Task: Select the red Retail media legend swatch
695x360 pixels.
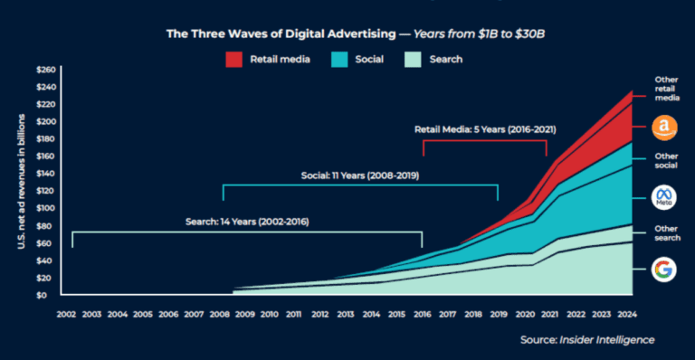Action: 233,59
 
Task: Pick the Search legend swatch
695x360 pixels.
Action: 423,59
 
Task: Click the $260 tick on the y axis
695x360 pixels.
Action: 44,70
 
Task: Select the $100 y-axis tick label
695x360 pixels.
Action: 44,208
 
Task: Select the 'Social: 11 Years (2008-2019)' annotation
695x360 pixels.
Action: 360,174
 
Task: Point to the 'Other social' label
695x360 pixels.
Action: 667,162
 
